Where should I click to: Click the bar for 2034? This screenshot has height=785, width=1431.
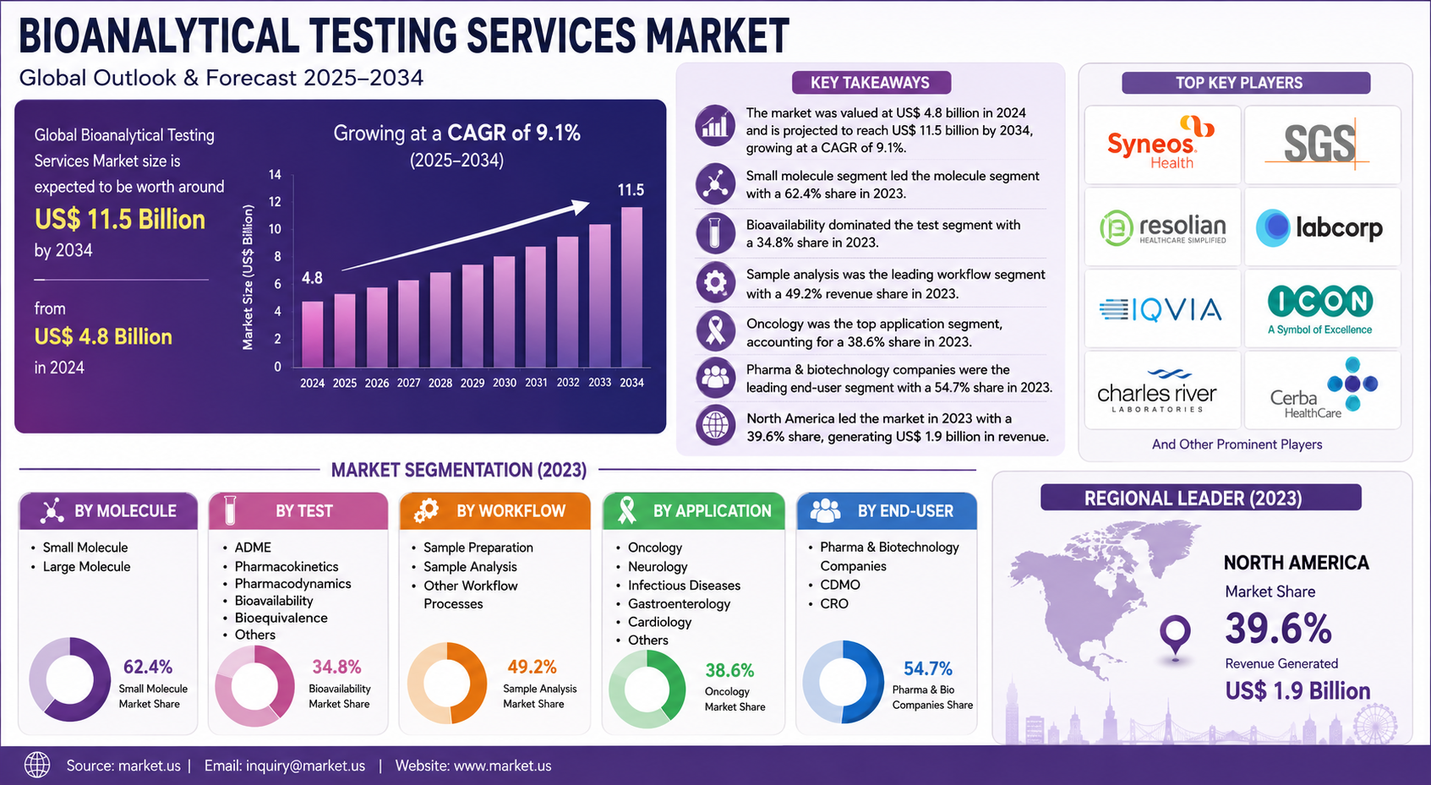tap(631, 286)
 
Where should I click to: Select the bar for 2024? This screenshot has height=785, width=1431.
tap(313, 334)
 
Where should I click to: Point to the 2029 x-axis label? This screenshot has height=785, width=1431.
tap(472, 383)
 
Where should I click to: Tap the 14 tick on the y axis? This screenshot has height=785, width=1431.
tap(275, 174)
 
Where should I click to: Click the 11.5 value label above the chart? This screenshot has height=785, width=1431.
tap(631, 190)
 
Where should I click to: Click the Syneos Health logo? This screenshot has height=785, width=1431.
tap(1161, 143)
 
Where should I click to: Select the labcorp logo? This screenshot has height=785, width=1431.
tap(1319, 227)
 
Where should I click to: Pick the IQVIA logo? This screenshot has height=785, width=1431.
tap(1161, 310)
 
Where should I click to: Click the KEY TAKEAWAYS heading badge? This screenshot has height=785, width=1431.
tap(871, 83)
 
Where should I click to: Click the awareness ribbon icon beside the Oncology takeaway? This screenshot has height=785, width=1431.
tap(715, 330)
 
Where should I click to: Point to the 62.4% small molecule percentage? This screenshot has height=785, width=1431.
tap(148, 667)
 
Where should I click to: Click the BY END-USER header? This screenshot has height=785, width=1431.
tap(886, 511)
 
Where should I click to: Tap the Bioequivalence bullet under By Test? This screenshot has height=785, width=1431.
tap(281, 618)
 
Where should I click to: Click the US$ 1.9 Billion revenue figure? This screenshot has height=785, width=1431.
tap(1297, 691)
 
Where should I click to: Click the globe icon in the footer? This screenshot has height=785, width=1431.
tap(37, 766)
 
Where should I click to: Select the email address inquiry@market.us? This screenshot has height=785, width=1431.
tap(284, 766)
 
